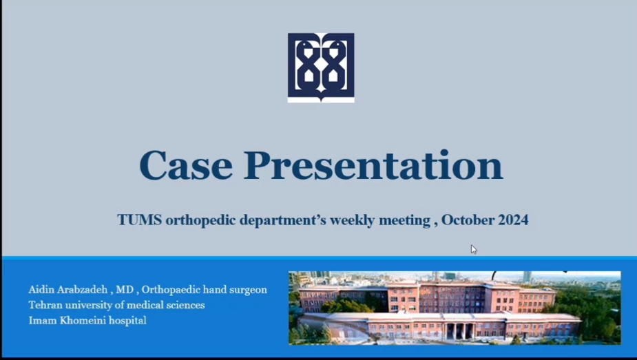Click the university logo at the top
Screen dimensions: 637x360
click(321, 67)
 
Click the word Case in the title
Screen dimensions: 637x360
click(186, 165)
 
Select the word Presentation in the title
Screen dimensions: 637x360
click(373, 165)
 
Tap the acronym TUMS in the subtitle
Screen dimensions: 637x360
click(139, 220)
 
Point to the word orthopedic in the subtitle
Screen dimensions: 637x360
click(200, 220)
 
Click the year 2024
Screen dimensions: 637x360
click(513, 220)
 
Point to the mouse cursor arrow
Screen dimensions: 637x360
click(474, 250)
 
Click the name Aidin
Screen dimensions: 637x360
click(41, 289)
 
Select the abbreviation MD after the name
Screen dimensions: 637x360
click(125, 289)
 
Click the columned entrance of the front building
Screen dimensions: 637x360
click(460, 330)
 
